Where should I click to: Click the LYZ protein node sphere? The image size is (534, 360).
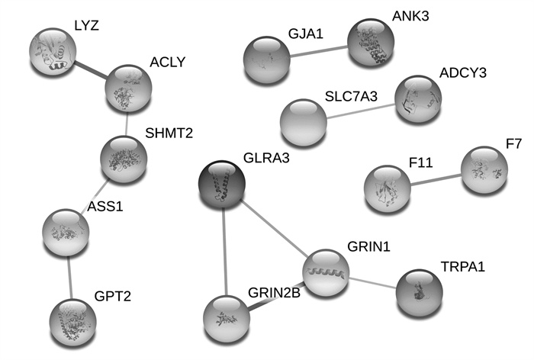tap(53, 52)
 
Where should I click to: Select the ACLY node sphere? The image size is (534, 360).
tap(129, 88)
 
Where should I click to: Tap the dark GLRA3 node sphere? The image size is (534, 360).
tap(222, 185)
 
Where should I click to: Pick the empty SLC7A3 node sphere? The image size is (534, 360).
tap(303, 123)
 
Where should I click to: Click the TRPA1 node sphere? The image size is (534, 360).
tap(420, 293)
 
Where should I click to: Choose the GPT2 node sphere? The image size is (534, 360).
tap(73, 322)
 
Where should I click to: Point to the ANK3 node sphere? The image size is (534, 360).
tap(371, 42)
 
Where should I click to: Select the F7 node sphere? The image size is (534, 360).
tap(484, 169)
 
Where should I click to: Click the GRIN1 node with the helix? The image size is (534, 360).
tap(326, 272)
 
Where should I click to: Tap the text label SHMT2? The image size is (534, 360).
tap(169, 133)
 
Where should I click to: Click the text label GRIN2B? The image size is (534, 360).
tap(274, 292)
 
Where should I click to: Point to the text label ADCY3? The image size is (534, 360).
tap(463, 73)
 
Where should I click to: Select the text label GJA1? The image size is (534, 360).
tap(305, 34)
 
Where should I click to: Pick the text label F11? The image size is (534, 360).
tap(420, 162)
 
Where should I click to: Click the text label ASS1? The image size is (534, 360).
tap(105, 207)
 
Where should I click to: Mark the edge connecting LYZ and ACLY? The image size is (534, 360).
tap(90, 70)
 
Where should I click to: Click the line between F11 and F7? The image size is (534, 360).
tap(436, 180)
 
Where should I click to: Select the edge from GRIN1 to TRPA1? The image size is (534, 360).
tap(372, 283)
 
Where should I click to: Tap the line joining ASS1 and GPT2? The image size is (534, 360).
tap(69, 278)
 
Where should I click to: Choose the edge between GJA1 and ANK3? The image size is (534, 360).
tap(319, 51)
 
